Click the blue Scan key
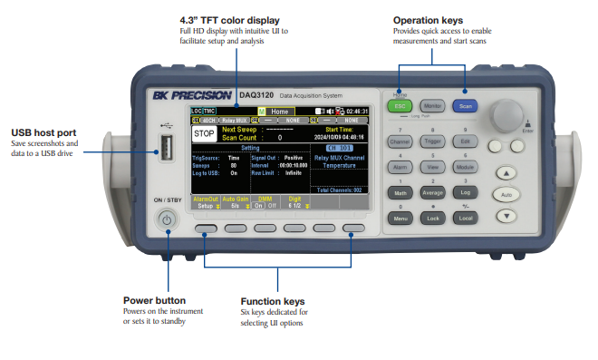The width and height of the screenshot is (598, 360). point(465,105)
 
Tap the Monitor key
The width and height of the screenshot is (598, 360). point(432,105)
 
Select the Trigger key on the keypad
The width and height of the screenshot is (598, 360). point(432,141)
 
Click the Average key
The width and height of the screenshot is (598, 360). point(432,192)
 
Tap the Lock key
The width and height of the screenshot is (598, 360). point(432,219)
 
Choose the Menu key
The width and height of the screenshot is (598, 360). point(400,219)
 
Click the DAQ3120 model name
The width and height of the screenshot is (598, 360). point(257,94)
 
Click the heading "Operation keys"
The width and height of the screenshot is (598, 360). point(428,20)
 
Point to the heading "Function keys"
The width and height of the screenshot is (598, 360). point(273,301)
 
